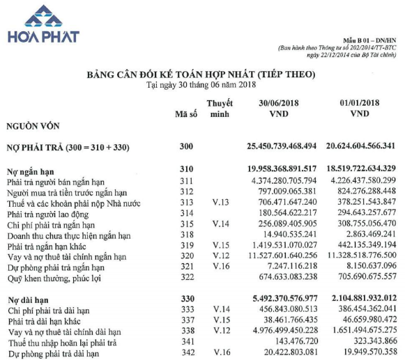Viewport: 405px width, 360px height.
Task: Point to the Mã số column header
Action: click(x=185, y=114)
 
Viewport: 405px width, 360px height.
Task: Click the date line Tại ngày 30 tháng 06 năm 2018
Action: click(x=201, y=84)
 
